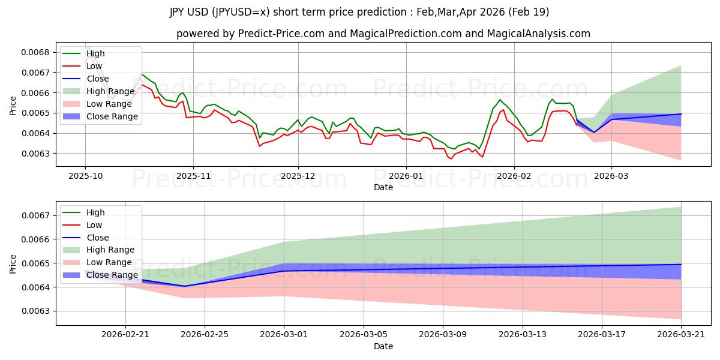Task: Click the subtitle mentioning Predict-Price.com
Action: click(383, 34)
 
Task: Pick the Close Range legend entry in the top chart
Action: click(112, 116)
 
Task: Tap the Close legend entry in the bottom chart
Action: click(98, 238)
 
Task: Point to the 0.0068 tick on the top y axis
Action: click(38, 52)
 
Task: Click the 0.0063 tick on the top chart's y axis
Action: click(38, 154)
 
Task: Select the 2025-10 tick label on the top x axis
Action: click(85, 176)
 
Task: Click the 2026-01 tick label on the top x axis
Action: click(406, 176)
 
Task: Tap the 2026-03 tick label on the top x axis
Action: click(611, 176)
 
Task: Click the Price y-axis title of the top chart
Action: click(13, 106)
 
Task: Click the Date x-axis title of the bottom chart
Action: click(383, 346)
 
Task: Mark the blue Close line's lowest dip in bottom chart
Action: click(184, 286)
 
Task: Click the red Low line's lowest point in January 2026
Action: click(451, 158)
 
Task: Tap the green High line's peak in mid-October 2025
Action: click(142, 74)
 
